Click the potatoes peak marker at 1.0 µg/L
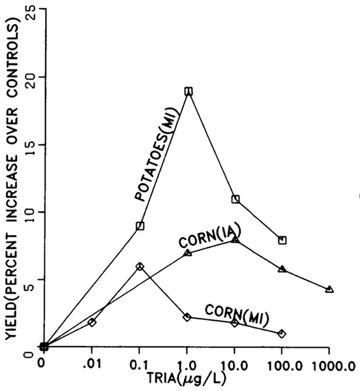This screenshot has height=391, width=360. pyautogui.click(x=188, y=91)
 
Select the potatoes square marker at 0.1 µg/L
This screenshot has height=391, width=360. pyautogui.click(x=140, y=226)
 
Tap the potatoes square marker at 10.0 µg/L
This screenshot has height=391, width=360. pyautogui.click(x=235, y=199)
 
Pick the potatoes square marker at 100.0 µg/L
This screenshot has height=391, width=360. pyautogui.click(x=282, y=240)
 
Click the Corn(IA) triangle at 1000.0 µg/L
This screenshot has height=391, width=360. pyautogui.click(x=329, y=289)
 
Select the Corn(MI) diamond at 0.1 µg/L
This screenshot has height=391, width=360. pyautogui.click(x=140, y=266)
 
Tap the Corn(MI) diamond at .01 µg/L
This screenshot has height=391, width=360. pyautogui.click(x=92, y=322)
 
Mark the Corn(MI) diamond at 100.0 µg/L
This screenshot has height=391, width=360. pyautogui.click(x=282, y=333)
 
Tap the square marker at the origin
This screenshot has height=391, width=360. pyautogui.click(x=43, y=347)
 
